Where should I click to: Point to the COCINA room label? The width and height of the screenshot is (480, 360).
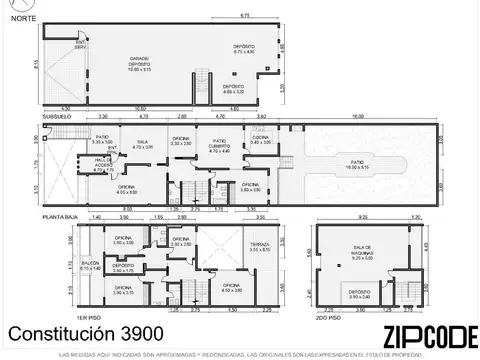tap(261, 142)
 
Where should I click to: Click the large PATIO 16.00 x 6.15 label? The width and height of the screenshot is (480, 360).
tap(356, 166)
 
